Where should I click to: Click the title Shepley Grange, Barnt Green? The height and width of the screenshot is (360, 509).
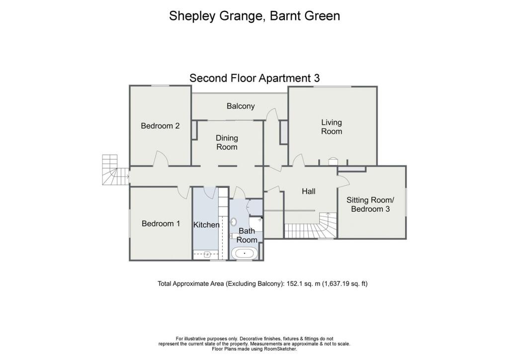click(254, 15)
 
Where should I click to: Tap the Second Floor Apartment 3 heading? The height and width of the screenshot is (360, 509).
click(254, 78)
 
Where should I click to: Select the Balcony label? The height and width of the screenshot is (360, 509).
click(241, 106)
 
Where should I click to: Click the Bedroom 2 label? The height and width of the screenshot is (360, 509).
click(160, 126)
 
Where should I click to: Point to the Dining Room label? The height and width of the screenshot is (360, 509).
click(226, 142)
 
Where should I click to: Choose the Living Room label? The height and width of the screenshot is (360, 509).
click(332, 127)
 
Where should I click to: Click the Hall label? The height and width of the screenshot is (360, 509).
click(309, 191)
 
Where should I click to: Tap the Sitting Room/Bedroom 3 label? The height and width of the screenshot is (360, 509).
click(370, 204)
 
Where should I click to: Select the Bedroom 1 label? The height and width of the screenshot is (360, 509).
click(161, 224)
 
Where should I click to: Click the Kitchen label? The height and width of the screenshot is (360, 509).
click(206, 225)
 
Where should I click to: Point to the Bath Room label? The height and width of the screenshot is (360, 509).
click(247, 235)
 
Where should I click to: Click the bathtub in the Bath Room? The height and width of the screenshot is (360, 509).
click(245, 254)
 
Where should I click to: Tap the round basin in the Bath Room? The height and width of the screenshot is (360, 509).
click(234, 222)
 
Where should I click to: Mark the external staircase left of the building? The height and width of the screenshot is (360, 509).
click(111, 170)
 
